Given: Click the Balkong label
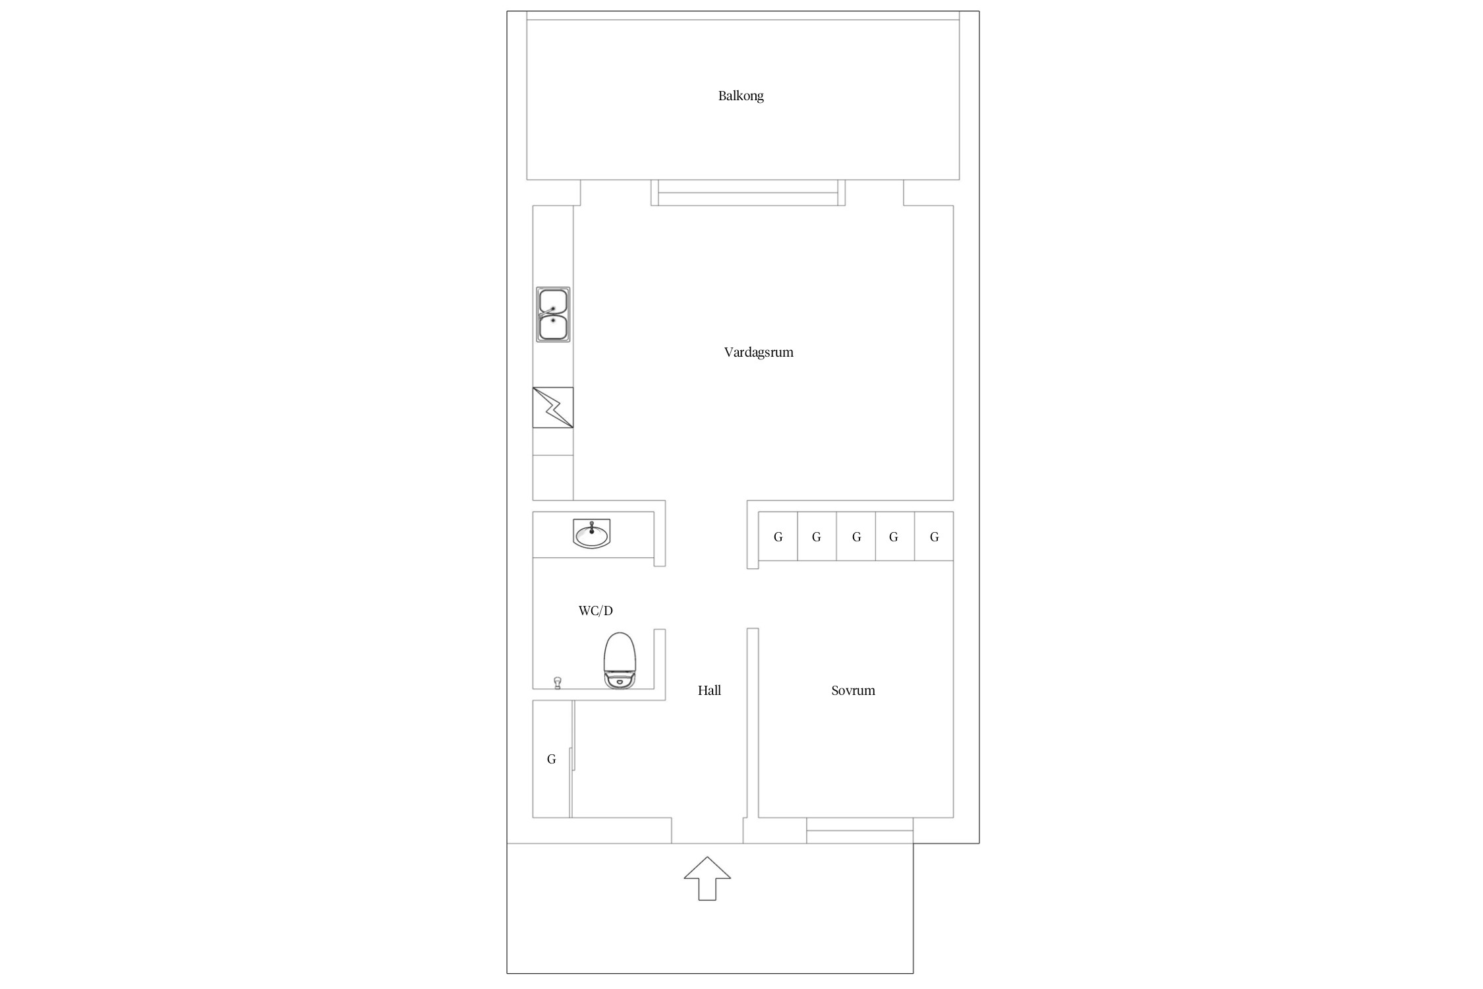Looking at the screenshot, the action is pos(741,96).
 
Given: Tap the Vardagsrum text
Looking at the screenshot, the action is pos(759,352).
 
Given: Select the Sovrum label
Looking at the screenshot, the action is pos(853,690).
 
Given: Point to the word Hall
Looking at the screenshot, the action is pos(709,690).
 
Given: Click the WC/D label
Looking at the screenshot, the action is pos(596,611).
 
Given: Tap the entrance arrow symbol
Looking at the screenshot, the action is pos(707,878).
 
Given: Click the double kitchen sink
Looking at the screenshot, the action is pos(553,315).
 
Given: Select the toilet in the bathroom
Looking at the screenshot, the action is pos(620,661).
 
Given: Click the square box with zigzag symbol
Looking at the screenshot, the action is pos(553,407).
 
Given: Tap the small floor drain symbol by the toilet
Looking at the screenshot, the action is pos(558,682).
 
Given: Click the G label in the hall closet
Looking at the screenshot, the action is pos(552,759).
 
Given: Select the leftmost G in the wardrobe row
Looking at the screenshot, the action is pos(778,537).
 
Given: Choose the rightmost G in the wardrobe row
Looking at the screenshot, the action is pos(935,537).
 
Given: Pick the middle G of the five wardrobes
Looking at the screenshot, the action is pos(857,537).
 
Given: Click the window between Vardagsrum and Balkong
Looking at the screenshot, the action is pos(748,193).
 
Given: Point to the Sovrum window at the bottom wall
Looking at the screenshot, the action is pos(860,830).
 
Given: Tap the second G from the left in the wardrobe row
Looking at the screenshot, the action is pos(817,537).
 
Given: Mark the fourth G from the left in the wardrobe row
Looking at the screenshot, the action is pos(894,537).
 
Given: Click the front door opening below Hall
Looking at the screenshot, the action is pos(707,831).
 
